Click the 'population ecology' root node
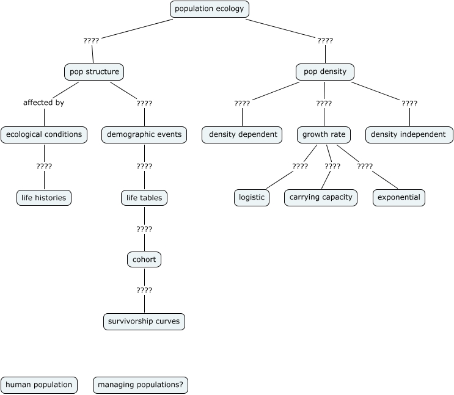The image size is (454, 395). (209, 9)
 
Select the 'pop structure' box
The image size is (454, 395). (94, 72)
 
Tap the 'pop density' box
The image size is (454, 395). (325, 72)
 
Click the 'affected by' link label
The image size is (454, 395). (43, 103)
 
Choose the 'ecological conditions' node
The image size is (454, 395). (44, 135)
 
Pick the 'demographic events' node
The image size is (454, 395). (144, 135)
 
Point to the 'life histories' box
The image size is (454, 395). (44, 198)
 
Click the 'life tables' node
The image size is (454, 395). (144, 198)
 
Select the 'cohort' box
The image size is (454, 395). (144, 260)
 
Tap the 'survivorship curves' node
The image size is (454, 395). (144, 322)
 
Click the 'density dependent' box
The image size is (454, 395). (242, 135)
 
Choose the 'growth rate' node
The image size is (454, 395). (324, 135)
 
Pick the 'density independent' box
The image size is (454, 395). (409, 135)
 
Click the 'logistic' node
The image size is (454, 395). (252, 198)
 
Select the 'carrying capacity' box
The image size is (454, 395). (321, 198)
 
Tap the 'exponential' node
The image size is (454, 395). (398, 198)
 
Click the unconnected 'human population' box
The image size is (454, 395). (39, 385)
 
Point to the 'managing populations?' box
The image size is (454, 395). (141, 385)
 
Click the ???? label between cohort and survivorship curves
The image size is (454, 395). (144, 291)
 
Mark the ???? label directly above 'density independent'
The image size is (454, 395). (409, 104)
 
